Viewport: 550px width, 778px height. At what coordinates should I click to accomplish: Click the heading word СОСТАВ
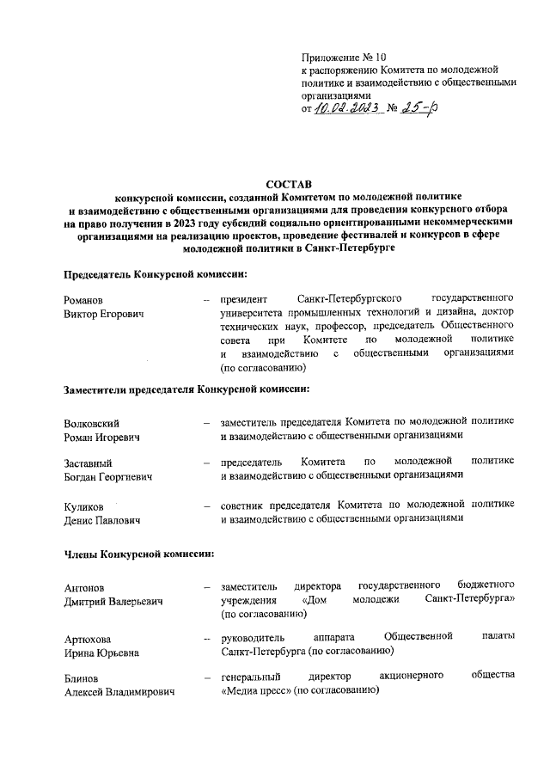(x=289, y=184)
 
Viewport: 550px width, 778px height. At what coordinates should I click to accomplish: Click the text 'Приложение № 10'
(x=338, y=56)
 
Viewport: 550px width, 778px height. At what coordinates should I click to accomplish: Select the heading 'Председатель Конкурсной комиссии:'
(x=156, y=274)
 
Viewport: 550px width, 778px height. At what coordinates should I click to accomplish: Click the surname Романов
(x=83, y=299)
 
